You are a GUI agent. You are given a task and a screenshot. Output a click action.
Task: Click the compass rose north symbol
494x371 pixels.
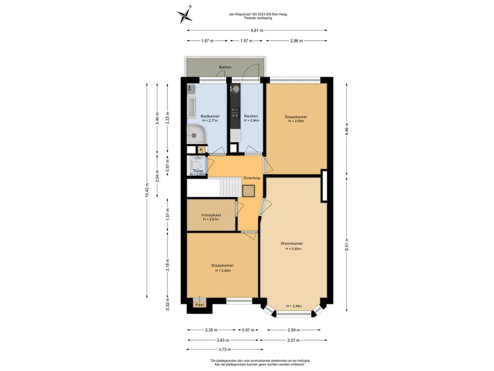click(x=185, y=14)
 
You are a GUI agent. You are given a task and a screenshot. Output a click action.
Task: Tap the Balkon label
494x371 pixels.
click(x=225, y=67)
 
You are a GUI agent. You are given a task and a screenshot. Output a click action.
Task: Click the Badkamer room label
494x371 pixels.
click(x=210, y=116)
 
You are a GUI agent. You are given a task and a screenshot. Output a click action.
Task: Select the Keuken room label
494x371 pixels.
click(x=251, y=116)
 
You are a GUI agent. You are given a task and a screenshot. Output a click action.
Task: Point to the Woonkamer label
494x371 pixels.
click(x=292, y=243)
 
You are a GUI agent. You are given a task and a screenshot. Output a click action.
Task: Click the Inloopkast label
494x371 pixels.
click(x=211, y=215)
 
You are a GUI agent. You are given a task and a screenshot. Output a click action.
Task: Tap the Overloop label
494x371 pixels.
click(x=252, y=178)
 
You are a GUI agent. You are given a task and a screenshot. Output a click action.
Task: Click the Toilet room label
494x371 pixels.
click(x=198, y=171)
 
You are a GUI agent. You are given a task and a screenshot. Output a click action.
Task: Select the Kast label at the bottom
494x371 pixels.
click(x=200, y=305)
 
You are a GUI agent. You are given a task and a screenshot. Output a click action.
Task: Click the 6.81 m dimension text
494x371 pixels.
click(x=257, y=30)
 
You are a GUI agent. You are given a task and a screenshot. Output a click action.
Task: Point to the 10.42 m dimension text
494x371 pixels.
click(x=147, y=190)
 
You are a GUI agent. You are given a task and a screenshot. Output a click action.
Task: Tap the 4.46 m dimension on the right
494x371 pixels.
click(x=346, y=128)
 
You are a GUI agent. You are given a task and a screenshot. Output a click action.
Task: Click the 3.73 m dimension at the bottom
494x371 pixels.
click(x=225, y=350)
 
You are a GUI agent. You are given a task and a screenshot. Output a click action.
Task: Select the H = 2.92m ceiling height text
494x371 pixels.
click(x=223, y=271)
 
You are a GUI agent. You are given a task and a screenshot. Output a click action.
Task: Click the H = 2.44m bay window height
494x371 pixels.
click(x=294, y=306)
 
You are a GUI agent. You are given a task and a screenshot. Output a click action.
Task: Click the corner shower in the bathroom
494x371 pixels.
click(x=195, y=134)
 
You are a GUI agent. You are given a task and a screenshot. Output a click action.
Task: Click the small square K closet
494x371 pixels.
click(x=201, y=150)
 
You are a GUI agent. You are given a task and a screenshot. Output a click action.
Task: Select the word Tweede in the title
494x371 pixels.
click(x=249, y=18)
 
